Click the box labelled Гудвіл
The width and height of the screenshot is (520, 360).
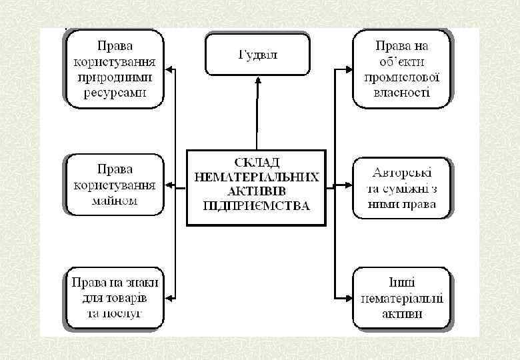click(x=257, y=55)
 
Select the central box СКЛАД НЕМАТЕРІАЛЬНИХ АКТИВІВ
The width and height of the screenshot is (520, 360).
click(x=257, y=187)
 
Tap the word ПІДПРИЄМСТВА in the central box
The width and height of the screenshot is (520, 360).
click(x=257, y=206)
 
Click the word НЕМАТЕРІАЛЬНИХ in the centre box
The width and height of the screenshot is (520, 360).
click(x=257, y=177)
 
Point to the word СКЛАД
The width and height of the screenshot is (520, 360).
click(x=257, y=163)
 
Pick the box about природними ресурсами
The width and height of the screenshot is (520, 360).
click(x=115, y=69)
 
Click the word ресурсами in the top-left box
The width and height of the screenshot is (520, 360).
click(x=115, y=93)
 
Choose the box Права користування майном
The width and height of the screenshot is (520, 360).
click(x=115, y=185)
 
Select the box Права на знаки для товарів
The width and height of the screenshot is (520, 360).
click(x=115, y=297)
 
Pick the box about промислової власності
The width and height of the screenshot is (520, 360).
click(x=401, y=69)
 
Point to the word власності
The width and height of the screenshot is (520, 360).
click(x=401, y=93)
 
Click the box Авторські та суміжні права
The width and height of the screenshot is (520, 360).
click(x=401, y=187)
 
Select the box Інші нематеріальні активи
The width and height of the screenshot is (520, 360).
click(x=401, y=297)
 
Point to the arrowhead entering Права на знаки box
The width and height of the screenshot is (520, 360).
click(x=170, y=297)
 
